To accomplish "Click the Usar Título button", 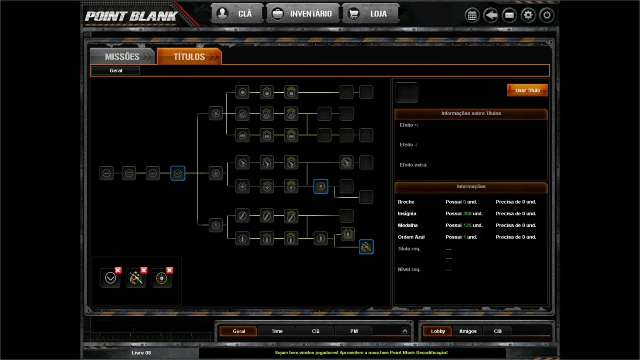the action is point(527,90).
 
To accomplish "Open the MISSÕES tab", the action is point(122,57).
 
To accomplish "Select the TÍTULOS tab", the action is point(189,57).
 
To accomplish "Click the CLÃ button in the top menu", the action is point(237,14).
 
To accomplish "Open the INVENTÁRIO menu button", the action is point(303,14).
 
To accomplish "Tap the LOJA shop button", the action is point(370,14).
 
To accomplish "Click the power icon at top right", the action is point(547,15).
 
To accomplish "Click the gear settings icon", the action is point(528,15).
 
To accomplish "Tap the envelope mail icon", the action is point(509,15).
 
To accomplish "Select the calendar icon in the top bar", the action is point(472,15).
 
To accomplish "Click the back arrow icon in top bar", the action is point(491,15).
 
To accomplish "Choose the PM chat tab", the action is point(354,331).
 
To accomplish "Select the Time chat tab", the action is point(277,331).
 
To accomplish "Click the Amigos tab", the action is point(468,331).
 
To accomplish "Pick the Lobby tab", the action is point(438,331).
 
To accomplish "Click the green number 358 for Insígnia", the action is point(467,213).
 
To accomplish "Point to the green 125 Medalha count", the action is point(467,225).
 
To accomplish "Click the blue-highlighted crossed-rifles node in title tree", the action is point(366,247).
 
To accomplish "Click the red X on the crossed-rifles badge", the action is point(144,270).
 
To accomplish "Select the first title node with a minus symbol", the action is point(107,173).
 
